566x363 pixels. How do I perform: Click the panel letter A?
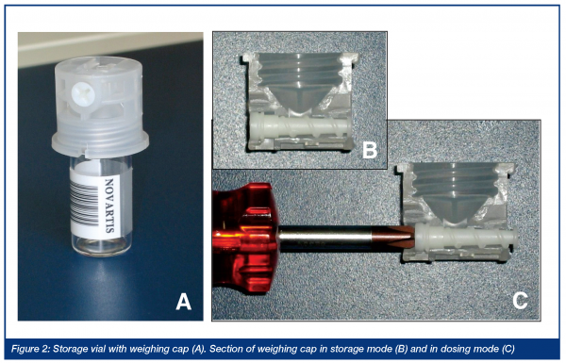pos(183,302)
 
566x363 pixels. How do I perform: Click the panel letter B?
pos(370,149)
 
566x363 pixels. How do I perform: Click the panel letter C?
pos(520,300)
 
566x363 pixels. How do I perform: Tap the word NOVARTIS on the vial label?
pos(109,205)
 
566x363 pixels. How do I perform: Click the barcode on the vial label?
pos(85,203)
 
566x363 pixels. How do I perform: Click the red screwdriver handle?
pos(245,238)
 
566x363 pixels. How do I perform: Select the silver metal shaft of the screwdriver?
pos(325,239)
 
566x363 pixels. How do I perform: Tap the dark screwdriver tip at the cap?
pos(394,239)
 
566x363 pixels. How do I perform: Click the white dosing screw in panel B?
pos(300,129)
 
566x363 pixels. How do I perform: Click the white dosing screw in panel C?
pos(467,237)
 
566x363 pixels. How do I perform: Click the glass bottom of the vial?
pos(100,248)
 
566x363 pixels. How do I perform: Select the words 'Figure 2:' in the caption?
pos(31,349)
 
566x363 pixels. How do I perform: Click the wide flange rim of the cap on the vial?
pos(100,143)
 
